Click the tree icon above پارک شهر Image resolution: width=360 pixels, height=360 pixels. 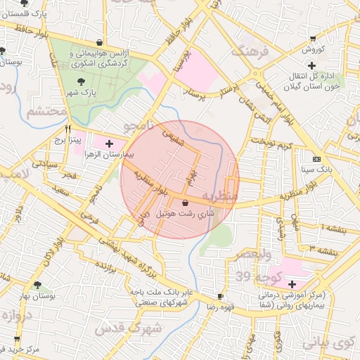click(86, 82)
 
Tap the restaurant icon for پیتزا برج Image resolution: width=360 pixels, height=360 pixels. click(68, 129)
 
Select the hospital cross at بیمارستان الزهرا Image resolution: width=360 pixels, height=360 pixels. click(108, 143)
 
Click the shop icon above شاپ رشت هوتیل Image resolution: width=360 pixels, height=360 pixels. click(185, 202)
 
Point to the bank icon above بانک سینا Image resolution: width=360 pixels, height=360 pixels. click(316, 159)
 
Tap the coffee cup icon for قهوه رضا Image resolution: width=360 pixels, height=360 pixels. click(220, 297)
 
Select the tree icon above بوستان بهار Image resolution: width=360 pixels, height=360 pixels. click(37, 285)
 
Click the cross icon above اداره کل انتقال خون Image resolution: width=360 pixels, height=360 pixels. click(311, 65)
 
